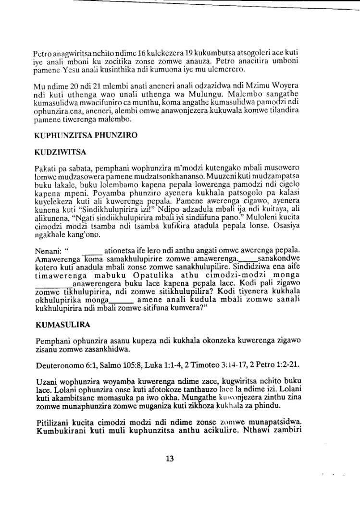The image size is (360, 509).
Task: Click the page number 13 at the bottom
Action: point(170,458)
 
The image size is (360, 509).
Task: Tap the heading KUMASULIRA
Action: point(63,325)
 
